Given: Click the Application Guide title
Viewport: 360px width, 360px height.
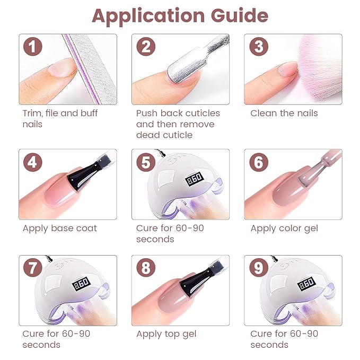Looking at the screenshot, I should click(x=180, y=16).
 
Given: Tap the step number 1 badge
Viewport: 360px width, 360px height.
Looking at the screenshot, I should click(x=32, y=47).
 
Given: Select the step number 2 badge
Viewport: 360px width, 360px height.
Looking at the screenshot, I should click(x=145, y=47).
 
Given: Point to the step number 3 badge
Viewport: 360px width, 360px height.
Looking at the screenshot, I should click(x=258, y=47).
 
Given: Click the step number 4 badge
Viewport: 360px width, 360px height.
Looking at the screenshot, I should click(x=32, y=162).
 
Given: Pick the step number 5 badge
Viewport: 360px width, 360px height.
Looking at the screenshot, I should click(x=145, y=162).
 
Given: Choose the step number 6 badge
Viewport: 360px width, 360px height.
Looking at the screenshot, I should click(x=258, y=162).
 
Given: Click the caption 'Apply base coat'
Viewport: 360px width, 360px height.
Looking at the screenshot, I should click(x=59, y=229).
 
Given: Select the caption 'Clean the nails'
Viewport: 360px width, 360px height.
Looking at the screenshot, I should click(x=284, y=113).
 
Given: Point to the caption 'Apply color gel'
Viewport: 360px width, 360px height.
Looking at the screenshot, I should click(x=285, y=229).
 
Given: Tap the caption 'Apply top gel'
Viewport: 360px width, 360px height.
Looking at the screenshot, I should click(x=166, y=334).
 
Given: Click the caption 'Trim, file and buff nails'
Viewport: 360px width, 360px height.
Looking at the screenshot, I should click(x=60, y=118).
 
